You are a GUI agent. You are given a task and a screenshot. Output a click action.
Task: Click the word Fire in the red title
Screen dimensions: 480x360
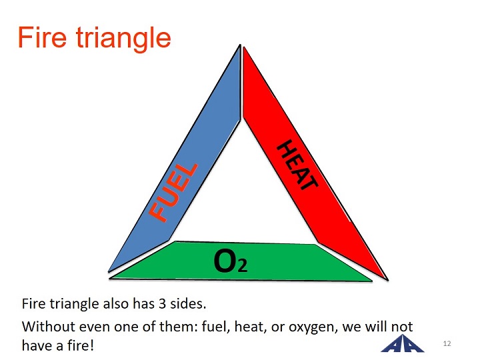pyautogui.click(x=42, y=37)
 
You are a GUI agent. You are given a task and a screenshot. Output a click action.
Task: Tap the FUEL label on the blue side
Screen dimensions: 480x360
pyautogui.click(x=173, y=192)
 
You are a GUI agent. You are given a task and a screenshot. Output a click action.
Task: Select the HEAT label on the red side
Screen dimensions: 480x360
pyautogui.click(x=297, y=165)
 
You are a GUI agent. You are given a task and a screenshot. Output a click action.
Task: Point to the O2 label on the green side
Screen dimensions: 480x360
pyautogui.click(x=231, y=261)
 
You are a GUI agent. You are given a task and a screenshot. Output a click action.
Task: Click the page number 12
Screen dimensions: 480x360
pyautogui.click(x=447, y=343)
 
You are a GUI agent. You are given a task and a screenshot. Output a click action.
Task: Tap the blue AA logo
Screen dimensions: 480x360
pyautogui.click(x=403, y=343)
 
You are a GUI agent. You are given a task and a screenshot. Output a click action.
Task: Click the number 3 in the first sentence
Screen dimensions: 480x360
pyautogui.click(x=162, y=304)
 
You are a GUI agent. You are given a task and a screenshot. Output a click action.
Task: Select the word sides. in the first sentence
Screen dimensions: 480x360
pyautogui.click(x=188, y=304)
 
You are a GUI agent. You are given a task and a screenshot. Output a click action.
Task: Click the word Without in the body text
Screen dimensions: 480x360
pyautogui.click(x=49, y=326)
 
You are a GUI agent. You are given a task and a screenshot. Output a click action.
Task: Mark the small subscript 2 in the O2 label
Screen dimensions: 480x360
pyautogui.click(x=243, y=265)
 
